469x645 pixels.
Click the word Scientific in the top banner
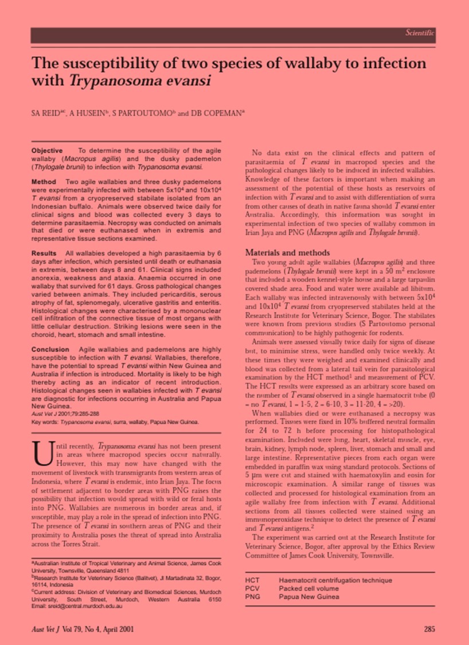420,33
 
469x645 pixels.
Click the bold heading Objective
47,150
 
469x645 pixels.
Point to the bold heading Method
44,181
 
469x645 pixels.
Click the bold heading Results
44,253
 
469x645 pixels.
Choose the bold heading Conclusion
50,349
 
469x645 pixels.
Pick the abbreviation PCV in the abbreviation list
252,589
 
